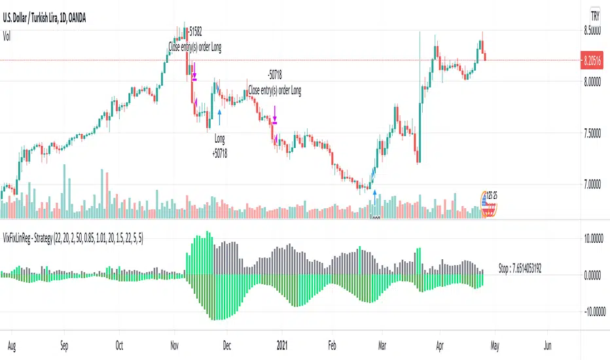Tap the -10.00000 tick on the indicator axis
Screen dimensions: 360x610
coord(591,311)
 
